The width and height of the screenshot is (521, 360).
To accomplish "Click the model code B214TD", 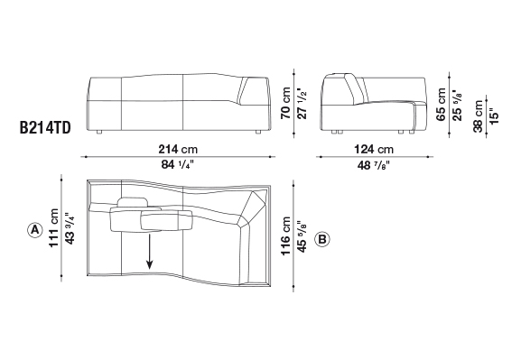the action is click(45, 128).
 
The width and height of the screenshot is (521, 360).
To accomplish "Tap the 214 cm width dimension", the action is click(178, 149).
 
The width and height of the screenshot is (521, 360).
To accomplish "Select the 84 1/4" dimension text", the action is click(178, 164).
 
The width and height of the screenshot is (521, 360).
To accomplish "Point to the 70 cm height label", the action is click(285, 103).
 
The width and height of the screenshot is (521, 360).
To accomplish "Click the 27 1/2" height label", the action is click(302, 103).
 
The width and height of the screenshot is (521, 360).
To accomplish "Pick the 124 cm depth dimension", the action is click(374, 149).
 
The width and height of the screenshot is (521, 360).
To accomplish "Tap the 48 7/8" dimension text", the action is click(374, 165).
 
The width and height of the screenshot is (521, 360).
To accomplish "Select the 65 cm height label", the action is click(441, 105).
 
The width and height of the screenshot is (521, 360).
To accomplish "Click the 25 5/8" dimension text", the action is click(457, 105).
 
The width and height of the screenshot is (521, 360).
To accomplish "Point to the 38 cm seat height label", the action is click(478, 115).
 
